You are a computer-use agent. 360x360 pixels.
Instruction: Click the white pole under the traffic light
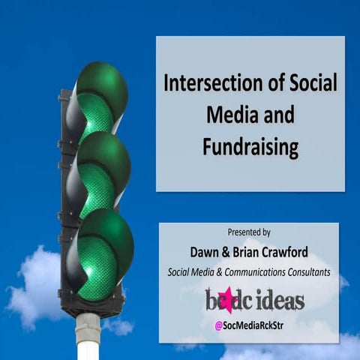88,337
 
